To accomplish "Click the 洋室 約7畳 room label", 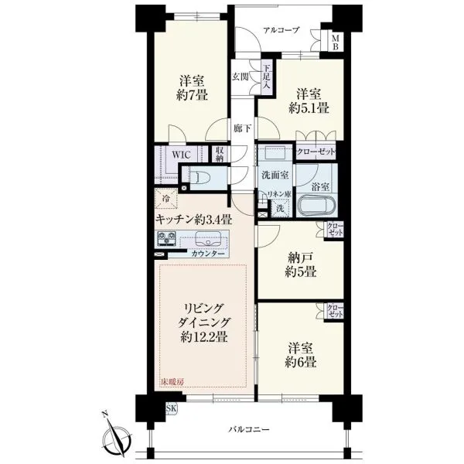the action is click(192, 88).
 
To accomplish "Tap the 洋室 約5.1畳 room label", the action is click(309, 101).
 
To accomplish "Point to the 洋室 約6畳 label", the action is click(301, 355).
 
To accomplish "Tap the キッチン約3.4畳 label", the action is click(193, 220).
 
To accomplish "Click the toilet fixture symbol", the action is click(200, 178).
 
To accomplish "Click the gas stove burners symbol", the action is click(166, 238).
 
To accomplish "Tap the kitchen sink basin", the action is click(208, 239).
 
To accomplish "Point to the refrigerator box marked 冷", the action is click(166, 199).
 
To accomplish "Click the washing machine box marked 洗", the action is click(280, 208).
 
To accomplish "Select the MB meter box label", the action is click(335, 43).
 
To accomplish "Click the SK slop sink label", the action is click(171, 408).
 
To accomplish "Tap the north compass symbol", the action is click(118, 437).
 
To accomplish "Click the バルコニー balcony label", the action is click(249, 429).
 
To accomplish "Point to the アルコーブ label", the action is click(281, 30).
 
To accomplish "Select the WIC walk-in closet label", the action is click(182, 155).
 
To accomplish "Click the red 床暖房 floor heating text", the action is click(172, 382).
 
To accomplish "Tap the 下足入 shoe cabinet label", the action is click(266, 77).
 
